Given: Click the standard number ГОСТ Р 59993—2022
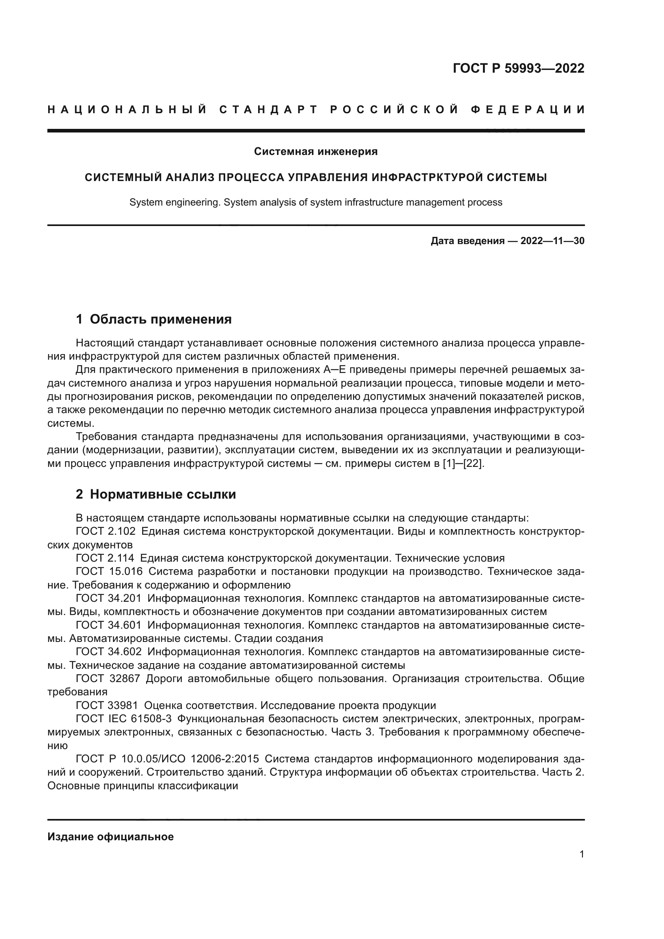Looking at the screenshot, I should (518, 68).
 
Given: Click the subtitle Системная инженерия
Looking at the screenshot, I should (316, 152).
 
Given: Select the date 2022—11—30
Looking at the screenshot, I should (552, 241).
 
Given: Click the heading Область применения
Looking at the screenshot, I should (160, 320).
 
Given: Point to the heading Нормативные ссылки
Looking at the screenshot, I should (163, 495).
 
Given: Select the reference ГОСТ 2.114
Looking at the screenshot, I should (105, 558).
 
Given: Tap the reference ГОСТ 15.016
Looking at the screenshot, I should (109, 572).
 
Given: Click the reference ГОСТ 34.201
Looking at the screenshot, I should (108, 598).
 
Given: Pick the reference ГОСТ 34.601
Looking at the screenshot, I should (108, 625).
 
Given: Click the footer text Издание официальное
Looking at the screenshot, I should (110, 837).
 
